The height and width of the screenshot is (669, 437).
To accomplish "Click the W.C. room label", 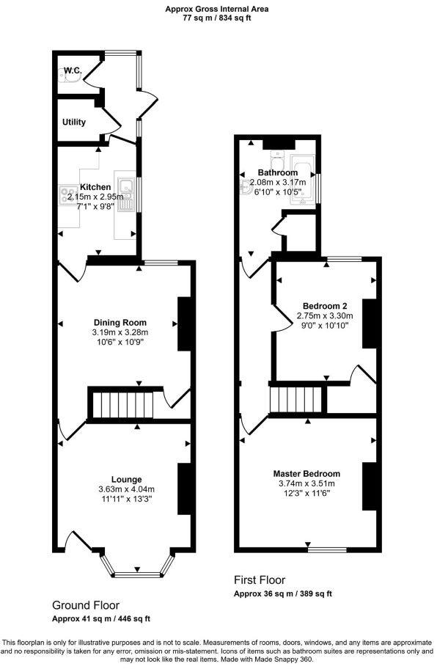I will click(72, 70).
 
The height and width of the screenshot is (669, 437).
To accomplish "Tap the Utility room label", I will click(74, 122).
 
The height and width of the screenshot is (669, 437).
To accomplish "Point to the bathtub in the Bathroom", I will click(302, 178).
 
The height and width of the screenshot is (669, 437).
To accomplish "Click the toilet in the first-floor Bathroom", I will click(276, 160).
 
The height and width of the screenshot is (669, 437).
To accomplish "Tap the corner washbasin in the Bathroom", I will click(243, 186).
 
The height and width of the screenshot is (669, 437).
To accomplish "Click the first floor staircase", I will click(296, 401).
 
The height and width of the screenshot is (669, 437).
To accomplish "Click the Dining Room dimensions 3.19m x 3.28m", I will click(120, 332).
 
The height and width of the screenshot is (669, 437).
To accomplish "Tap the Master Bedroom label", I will click(306, 473).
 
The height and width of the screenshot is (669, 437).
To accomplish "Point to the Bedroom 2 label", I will click(325, 305).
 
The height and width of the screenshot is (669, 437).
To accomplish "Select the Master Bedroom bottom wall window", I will click(327, 549).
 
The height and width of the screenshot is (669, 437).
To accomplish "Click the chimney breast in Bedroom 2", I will click(369, 323).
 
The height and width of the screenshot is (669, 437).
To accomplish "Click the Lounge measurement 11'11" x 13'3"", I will click(127, 500).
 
